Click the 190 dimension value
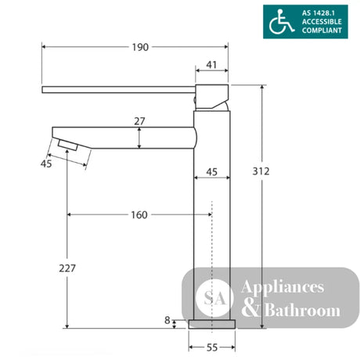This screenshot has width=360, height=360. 140,47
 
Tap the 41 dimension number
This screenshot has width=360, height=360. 211,65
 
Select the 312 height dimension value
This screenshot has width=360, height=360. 261,171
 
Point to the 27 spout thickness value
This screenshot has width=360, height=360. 139,121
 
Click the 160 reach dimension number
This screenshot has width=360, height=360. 139,215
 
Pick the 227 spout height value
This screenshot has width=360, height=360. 67,268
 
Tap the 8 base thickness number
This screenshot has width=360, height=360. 167,320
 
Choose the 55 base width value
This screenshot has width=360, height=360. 212,347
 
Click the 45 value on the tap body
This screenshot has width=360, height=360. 211,172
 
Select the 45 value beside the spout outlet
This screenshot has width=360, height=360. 46,164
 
